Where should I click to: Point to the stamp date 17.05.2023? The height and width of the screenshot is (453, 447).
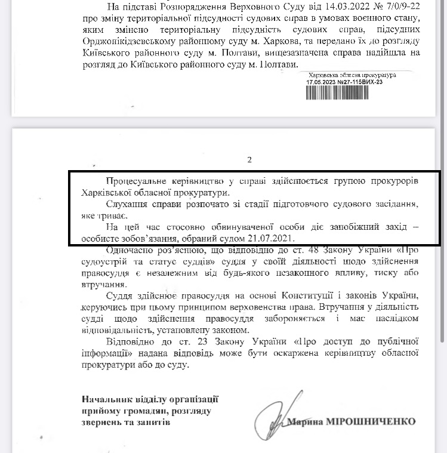pos(322,82)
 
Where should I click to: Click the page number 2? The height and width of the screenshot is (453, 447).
pos(250,159)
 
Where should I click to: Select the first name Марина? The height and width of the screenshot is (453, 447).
pos(305,421)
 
